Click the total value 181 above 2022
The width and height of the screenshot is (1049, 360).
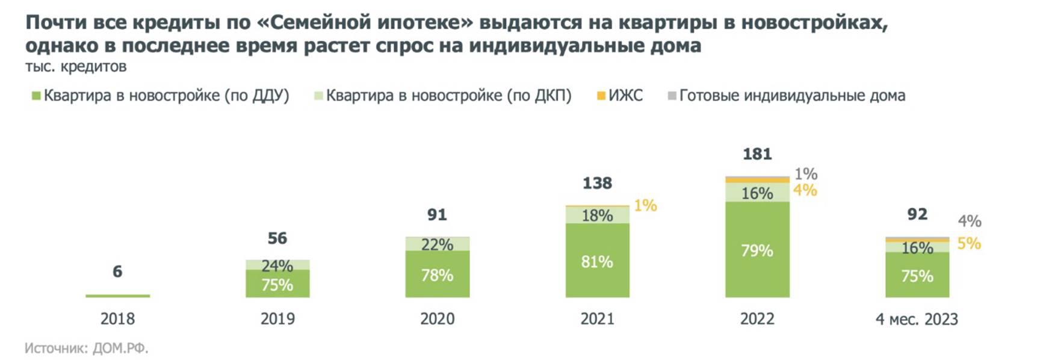coord(757,154)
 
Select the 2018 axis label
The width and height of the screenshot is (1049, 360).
coord(117,318)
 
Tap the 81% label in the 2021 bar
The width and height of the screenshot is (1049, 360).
coord(597,262)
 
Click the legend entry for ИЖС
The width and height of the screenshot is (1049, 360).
coord(620,96)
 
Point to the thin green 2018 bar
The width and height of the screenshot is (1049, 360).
coord(117,296)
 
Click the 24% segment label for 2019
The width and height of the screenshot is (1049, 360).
coord(277,265)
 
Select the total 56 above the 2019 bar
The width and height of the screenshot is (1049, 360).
coord(277,238)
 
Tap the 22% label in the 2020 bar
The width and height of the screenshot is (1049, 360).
coord(438,244)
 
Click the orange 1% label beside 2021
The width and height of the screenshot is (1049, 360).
coord(645,206)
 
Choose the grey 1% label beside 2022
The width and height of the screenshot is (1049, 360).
coord(805,174)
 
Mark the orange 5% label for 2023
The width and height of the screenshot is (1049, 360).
coord(969,243)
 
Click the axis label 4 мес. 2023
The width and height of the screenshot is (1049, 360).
coord(917,319)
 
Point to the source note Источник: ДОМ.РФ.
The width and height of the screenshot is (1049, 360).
coord(86,348)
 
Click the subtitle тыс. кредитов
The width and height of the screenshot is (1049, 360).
coord(76,66)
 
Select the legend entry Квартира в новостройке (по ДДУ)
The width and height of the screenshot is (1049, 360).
coord(161,96)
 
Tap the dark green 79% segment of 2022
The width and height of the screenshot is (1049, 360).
coord(757,250)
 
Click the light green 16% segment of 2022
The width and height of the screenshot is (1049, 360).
coord(757,193)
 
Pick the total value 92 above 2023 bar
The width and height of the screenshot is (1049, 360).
coord(917,214)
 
